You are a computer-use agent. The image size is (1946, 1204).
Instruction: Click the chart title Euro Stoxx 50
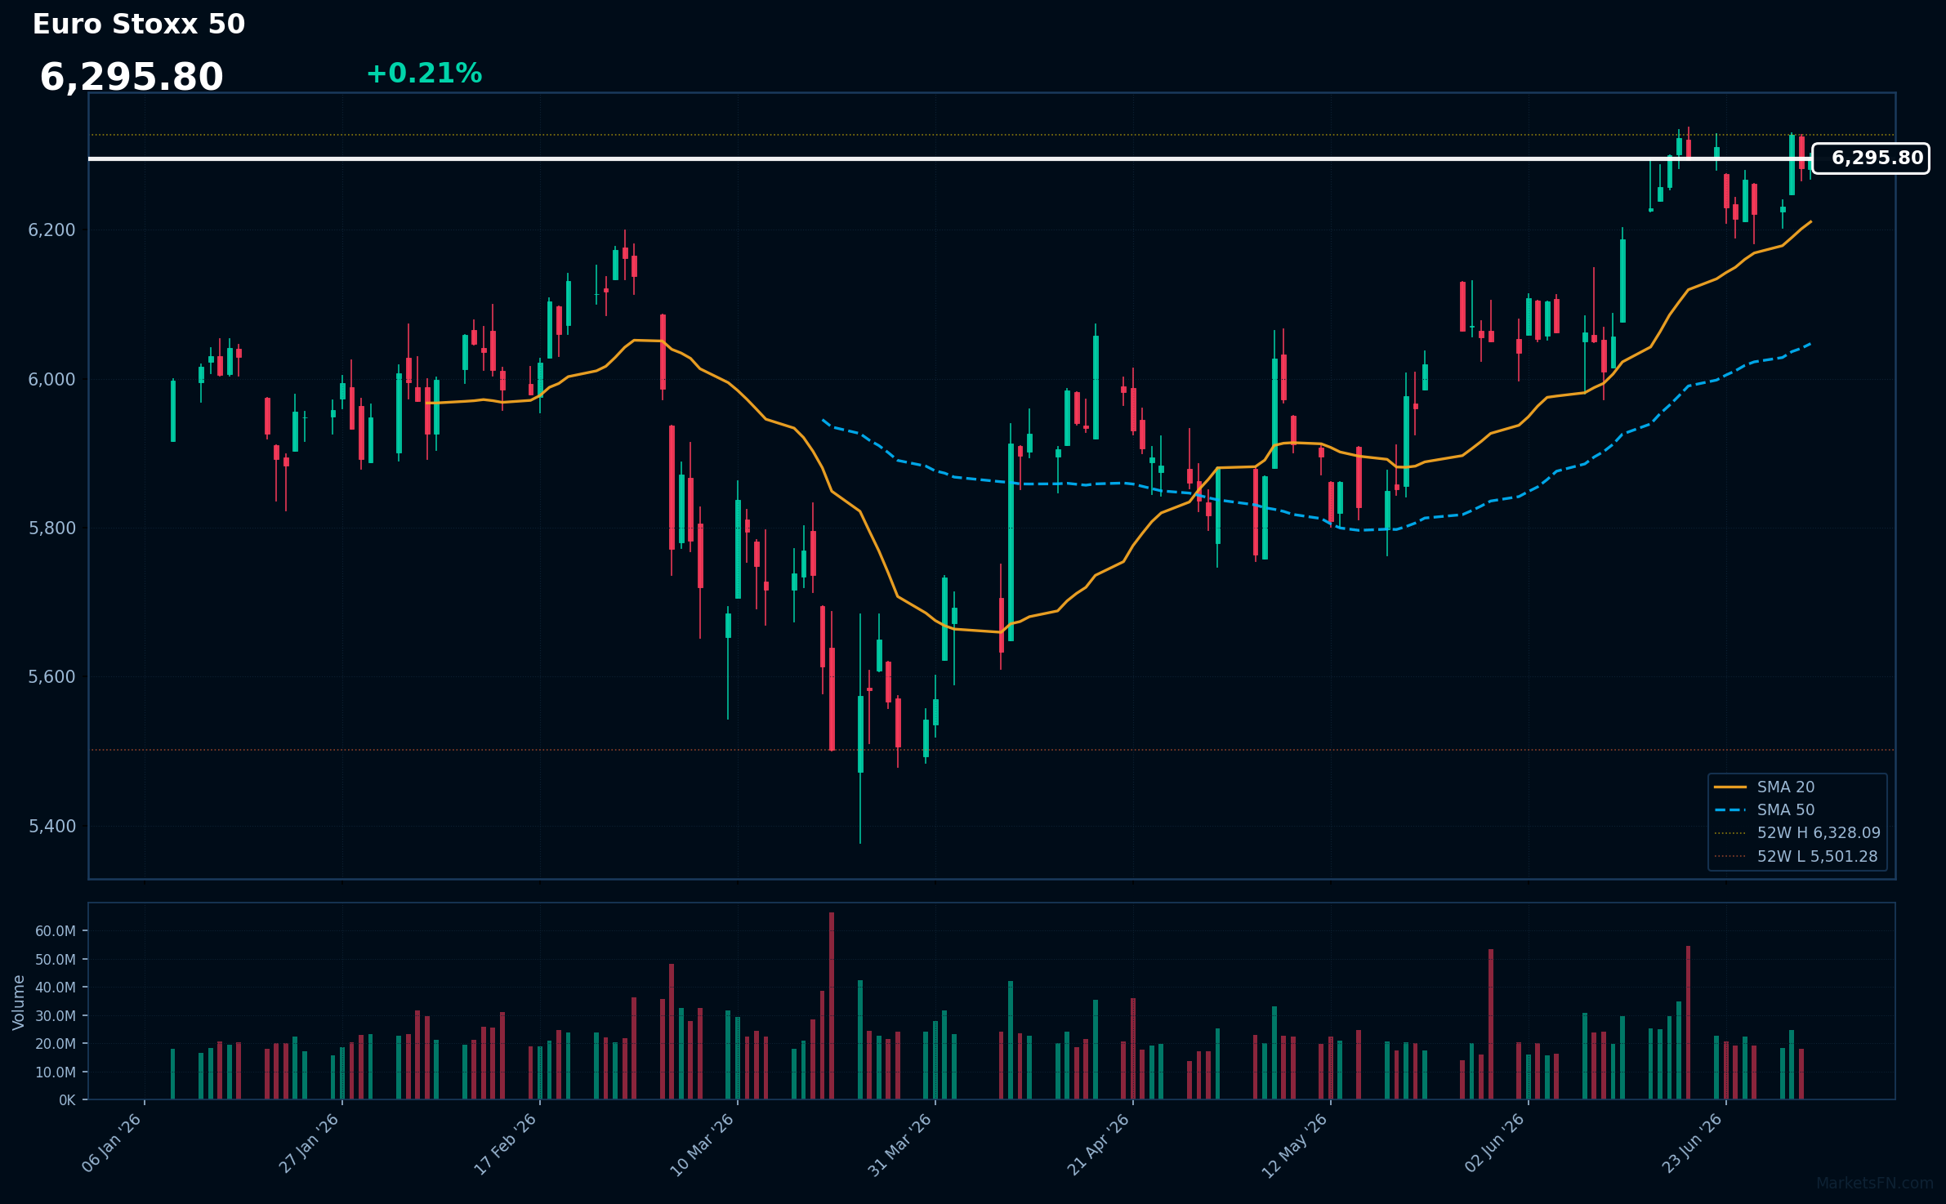click(x=139, y=25)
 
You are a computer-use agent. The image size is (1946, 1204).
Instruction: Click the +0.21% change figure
click(x=424, y=74)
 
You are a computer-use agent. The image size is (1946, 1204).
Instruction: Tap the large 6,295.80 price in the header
click(x=132, y=78)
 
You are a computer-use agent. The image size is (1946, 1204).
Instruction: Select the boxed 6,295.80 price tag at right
click(x=1871, y=158)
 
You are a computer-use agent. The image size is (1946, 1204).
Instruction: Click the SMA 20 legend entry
click(x=1765, y=787)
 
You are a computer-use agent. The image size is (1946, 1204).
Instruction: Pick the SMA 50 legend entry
click(x=1765, y=810)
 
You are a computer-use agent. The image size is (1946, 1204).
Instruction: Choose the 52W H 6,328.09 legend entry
click(x=1797, y=833)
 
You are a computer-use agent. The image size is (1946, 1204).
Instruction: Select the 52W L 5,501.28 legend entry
click(x=1796, y=857)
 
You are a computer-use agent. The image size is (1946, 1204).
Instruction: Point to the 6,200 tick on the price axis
click(x=52, y=230)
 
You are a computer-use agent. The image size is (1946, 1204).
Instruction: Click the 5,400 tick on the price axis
click(x=52, y=827)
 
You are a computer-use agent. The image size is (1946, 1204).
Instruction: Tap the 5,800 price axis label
click(x=52, y=528)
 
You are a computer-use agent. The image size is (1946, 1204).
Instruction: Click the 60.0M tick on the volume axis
click(x=56, y=931)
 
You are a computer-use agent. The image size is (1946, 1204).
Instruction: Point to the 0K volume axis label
click(x=67, y=1100)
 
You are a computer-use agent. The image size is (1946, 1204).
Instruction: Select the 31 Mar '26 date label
click(x=899, y=1145)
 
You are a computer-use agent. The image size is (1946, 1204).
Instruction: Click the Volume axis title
click(x=19, y=1002)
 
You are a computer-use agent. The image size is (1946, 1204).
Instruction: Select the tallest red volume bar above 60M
click(x=832, y=1006)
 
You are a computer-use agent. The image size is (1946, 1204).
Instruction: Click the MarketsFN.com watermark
click(x=1875, y=1184)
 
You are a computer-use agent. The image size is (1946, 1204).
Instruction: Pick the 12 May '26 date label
click(x=1295, y=1145)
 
